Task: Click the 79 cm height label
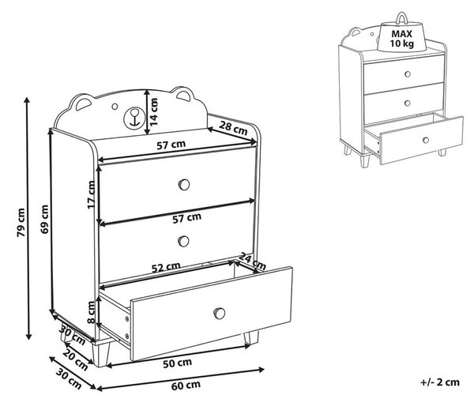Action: [21, 222]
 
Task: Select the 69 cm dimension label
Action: [45, 219]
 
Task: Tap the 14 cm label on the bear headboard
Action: [154, 112]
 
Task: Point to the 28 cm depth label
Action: [233, 127]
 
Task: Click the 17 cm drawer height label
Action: [91, 194]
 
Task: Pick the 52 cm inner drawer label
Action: [166, 267]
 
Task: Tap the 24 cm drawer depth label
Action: [253, 261]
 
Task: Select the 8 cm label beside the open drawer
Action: [91, 312]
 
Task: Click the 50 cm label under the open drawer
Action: [178, 363]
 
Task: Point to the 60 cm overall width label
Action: [186, 386]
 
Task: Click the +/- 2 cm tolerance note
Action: [440, 382]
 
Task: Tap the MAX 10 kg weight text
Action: [402, 39]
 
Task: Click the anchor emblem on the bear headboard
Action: [133, 119]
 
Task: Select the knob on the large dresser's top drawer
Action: [184, 184]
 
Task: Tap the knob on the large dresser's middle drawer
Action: [183, 241]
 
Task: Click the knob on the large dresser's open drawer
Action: [220, 313]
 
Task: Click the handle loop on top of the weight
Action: [402, 18]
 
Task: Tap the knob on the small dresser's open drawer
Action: [426, 141]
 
